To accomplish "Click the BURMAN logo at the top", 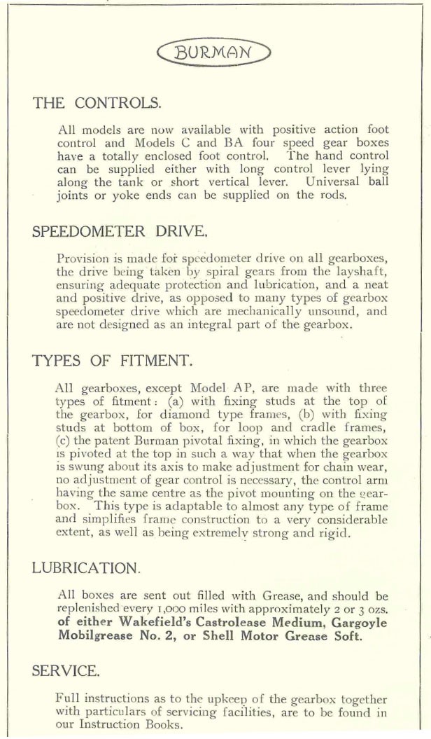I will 213,52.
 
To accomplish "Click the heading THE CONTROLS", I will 97,104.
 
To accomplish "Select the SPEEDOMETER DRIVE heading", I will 120,232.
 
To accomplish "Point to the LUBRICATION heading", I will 86,567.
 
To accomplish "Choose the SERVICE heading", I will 66,670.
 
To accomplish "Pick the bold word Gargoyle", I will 360,623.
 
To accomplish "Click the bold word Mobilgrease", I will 92,635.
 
